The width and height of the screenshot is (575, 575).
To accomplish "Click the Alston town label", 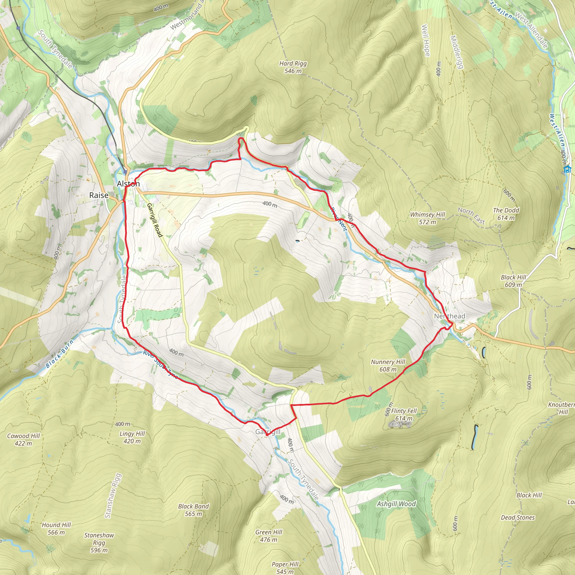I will point(128,184).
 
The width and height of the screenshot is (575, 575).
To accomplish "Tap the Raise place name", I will point(99,195).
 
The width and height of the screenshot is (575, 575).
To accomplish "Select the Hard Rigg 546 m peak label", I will point(293,67).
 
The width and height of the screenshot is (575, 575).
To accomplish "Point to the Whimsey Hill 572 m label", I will point(427,218).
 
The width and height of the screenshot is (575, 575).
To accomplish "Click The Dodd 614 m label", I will point(506,214).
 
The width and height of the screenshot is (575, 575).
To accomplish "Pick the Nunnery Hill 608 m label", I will point(388,366).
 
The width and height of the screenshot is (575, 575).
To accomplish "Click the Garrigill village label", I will point(268,432).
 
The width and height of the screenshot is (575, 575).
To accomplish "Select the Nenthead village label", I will point(449,316).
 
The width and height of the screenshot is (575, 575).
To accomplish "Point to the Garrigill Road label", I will point(155,220).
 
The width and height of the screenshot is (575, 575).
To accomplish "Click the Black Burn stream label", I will point(60,354).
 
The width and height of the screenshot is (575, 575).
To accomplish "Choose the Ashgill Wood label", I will point(396,504).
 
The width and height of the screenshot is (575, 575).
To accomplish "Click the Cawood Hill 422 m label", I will point(23,440).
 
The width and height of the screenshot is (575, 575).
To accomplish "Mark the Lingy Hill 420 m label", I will point(132,437).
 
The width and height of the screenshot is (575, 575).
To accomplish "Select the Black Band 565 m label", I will point(193,510).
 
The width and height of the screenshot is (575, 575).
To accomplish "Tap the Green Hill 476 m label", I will point(269,536).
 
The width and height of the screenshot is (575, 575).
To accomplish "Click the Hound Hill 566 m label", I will point(56,529).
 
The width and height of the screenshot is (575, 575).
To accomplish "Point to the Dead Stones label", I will point(518,517).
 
